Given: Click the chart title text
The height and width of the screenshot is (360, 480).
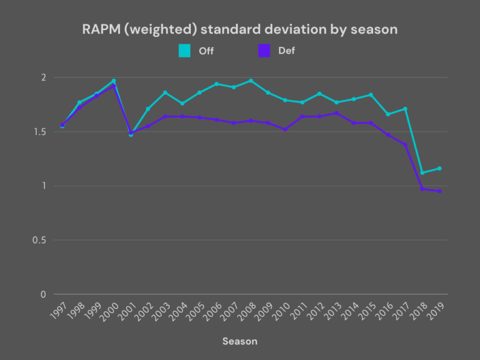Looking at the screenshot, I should click(x=240, y=29).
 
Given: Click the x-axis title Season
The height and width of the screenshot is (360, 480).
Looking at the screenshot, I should click(x=240, y=341).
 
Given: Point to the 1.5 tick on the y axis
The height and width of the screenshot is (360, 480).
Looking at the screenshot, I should click(x=40, y=131).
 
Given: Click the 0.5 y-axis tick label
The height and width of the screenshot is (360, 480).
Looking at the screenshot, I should click(x=40, y=240).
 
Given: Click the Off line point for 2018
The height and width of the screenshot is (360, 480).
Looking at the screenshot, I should click(x=422, y=173).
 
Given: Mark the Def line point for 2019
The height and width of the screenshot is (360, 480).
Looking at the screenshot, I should click(x=440, y=191).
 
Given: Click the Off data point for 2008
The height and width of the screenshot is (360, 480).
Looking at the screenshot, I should click(x=251, y=80).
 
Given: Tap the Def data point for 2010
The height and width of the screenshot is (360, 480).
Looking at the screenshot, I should click(x=285, y=130).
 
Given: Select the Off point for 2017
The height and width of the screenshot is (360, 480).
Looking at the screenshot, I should click(x=406, y=109).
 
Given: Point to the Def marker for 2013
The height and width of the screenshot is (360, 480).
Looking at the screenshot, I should click(x=337, y=113).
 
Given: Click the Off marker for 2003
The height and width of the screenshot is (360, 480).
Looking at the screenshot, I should click(x=165, y=92).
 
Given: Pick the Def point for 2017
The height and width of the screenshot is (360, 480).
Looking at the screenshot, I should click(x=406, y=145).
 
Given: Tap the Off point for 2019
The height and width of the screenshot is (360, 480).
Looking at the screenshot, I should click(x=440, y=168).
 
